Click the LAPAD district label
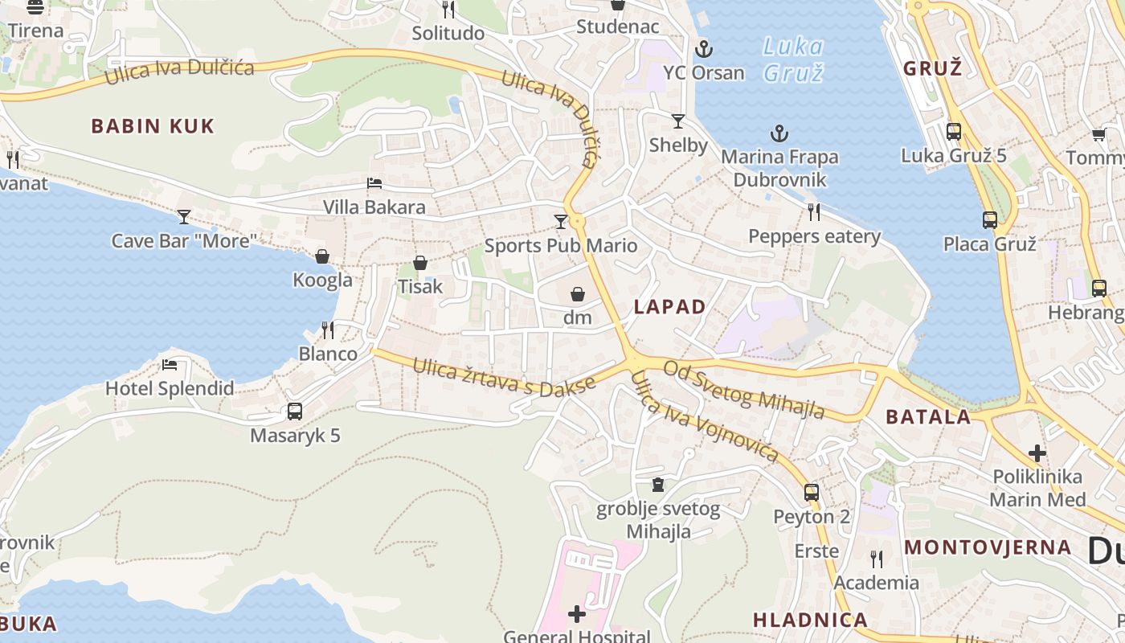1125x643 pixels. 669,306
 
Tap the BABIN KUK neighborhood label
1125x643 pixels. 153,126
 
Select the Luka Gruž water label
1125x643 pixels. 792,59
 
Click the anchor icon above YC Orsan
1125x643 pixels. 703,49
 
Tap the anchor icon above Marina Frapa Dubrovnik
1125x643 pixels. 779,133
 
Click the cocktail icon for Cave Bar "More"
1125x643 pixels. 184,216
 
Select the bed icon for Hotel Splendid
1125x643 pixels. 170,365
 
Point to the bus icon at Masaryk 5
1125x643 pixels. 295,412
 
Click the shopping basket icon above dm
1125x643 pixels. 577,294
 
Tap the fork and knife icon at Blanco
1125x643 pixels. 328,330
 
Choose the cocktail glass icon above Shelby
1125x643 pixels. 678,121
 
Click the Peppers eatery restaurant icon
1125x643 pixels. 814,212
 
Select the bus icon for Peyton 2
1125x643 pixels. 812,493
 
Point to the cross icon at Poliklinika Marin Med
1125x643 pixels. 1037,453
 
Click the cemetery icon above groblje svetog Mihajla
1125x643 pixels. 658,485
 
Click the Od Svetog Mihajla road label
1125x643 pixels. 744,389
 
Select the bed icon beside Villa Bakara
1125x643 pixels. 374,183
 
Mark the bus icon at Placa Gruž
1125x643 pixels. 990,219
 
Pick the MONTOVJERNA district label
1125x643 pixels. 988,547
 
